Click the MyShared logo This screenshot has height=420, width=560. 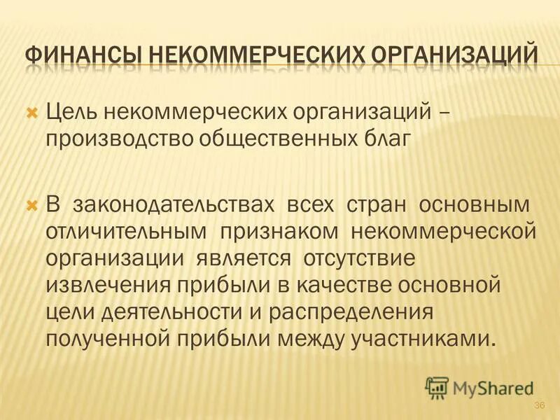point(479,386)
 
